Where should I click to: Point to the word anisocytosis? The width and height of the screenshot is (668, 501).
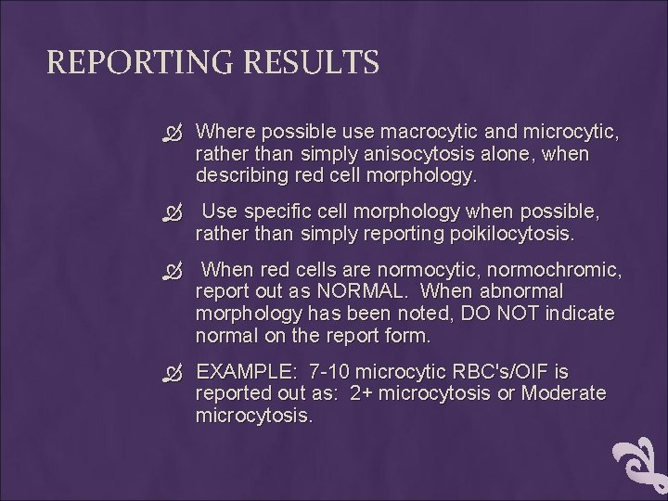coord(416,153)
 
